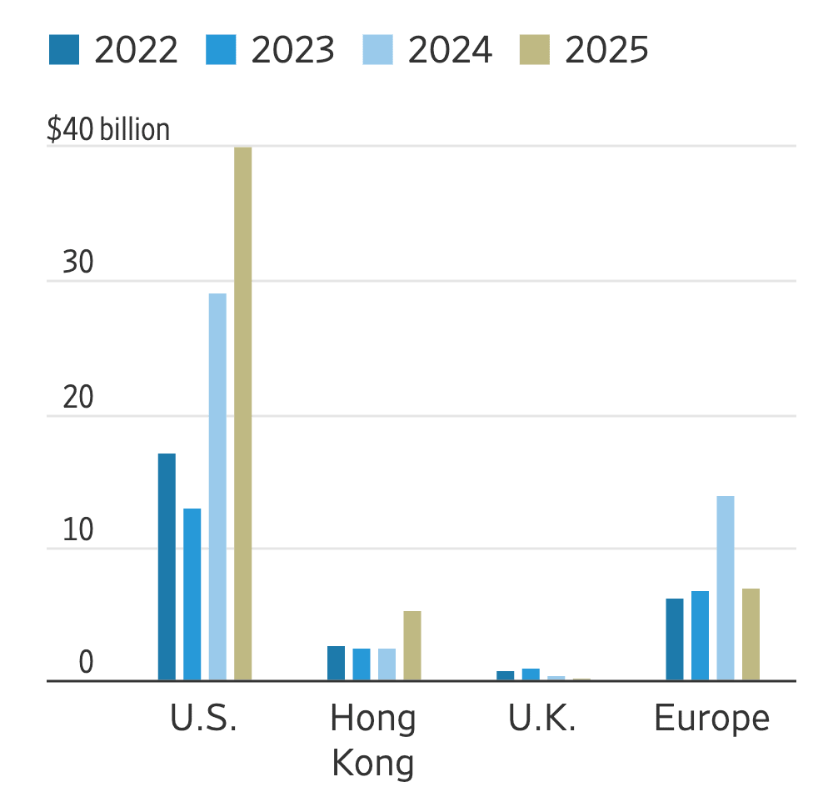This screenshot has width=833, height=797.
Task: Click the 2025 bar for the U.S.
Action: (242, 414)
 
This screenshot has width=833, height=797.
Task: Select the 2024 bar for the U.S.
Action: (217, 487)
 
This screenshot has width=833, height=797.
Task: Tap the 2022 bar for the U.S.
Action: (167, 567)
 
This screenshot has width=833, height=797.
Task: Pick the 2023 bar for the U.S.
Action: (192, 594)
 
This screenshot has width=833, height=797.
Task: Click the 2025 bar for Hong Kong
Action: (412, 646)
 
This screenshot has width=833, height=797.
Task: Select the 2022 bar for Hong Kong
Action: (336, 664)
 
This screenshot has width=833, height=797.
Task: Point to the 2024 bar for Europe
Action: (726, 589)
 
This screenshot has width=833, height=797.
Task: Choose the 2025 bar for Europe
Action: (751, 634)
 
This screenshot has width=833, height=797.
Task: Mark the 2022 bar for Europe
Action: (675, 639)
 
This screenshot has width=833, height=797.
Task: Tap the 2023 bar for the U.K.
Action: (531, 674)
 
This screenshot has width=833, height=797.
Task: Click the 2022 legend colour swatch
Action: (64, 50)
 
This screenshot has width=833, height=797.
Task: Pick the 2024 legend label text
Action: (450, 50)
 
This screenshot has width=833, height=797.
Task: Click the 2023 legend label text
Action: (293, 50)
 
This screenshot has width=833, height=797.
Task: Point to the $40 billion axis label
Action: (108, 130)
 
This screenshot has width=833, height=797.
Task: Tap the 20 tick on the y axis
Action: (78, 398)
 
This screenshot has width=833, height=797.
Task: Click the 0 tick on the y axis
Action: (87, 664)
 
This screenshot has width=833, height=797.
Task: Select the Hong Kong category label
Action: (373, 740)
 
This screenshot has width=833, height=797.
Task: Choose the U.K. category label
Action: (542, 718)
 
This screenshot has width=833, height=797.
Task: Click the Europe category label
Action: (712, 718)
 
